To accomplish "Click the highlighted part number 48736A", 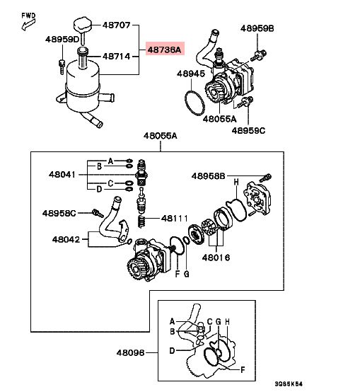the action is coord(165,49).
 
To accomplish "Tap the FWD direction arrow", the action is coord(28,25).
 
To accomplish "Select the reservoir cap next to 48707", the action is coord(83,25).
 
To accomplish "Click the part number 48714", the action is coord(117,57).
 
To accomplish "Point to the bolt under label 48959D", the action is coord(62,67).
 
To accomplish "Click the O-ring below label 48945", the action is coord(194,103).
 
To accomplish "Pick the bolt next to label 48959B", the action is coord(259,56).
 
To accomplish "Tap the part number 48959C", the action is coord(248,130).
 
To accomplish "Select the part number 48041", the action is coord(62,174).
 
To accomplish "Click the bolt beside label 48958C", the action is coord(98,213).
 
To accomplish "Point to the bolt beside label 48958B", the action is coord(265,178).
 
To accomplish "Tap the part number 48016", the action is coord(216,258).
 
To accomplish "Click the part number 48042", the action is coord(66,239).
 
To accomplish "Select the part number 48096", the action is coord(130,352).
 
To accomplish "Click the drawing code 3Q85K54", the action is coord(289,384).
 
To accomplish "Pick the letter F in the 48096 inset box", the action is coord(243,369).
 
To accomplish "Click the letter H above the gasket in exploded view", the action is coord(236,183).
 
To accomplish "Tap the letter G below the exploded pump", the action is coord(187,274).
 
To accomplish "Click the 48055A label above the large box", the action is coord(160,136).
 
